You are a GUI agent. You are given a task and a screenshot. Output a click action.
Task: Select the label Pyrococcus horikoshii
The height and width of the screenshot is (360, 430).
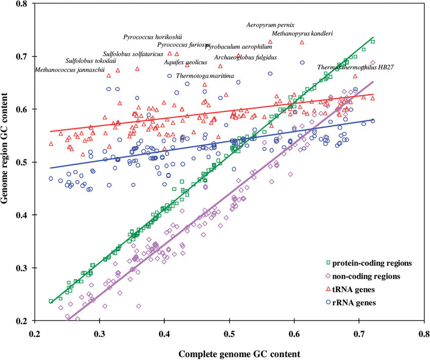coord(152,37)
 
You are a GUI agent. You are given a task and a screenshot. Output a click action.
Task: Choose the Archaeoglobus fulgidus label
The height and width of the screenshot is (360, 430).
coord(245,57)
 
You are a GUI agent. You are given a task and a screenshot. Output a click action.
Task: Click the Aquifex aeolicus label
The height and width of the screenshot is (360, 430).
coord(186,62)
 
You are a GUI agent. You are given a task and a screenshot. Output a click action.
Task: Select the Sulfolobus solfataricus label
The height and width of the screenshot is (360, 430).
coord(133,54)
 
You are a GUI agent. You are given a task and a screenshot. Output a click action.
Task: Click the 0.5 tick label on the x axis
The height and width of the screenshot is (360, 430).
coord(230,334)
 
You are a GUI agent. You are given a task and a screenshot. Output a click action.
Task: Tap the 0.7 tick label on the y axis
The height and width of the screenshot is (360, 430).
coord(22,56)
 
